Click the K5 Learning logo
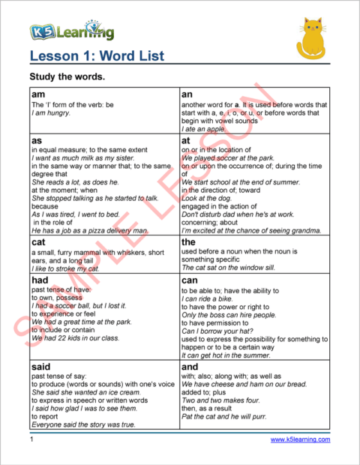pyautogui.click(x=72, y=31)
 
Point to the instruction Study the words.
pyautogui.click(x=66, y=77)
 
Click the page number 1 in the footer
pyautogui.click(x=31, y=439)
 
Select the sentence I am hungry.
pyautogui.click(x=51, y=113)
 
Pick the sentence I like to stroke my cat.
pyautogui.click(x=65, y=268)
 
